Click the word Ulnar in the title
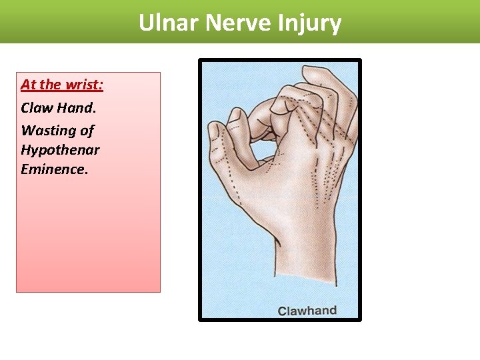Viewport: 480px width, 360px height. click(x=169, y=23)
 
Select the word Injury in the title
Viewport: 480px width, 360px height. click(x=311, y=23)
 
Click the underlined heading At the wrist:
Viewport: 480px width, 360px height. click(x=62, y=85)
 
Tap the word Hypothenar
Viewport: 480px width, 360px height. click(x=60, y=149)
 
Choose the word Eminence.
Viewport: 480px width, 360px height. click(x=54, y=169)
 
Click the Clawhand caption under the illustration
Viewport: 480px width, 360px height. click(x=307, y=311)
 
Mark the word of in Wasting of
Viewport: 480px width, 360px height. click(x=87, y=130)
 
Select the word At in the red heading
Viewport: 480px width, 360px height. click(x=28, y=85)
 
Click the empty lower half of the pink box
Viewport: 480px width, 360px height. click(x=88, y=240)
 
